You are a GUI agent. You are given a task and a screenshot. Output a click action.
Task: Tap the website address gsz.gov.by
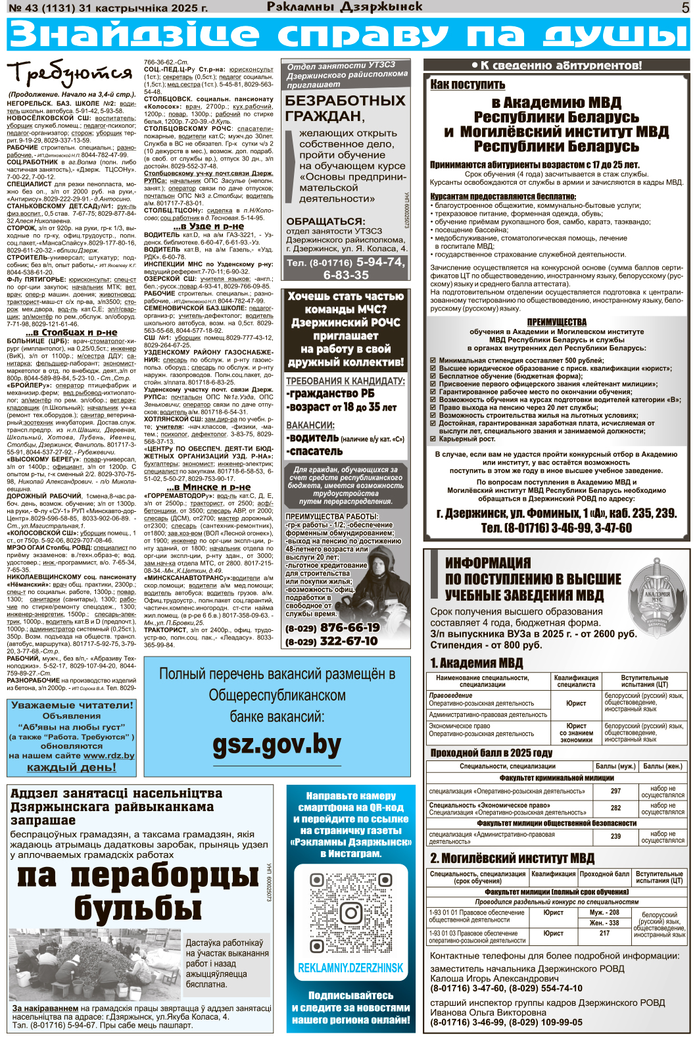click(x=277, y=745)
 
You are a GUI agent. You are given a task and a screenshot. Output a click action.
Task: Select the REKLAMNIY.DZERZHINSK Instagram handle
click(x=350, y=968)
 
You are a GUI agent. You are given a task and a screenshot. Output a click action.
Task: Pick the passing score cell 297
click(x=615, y=791)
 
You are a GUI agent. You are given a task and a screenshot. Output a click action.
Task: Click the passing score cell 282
click(x=615, y=808)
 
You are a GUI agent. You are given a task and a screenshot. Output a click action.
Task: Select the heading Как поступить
click(x=468, y=84)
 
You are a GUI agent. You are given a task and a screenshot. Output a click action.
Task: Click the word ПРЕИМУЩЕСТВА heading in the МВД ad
click(x=556, y=322)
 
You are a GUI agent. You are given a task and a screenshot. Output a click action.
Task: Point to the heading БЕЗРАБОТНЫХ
click(x=345, y=101)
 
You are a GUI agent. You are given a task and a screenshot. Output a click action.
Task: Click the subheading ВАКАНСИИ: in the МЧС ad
click(x=310, y=425)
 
